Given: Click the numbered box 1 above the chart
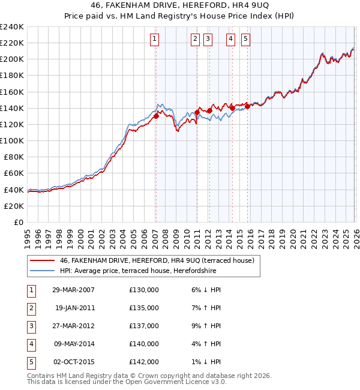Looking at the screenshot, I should pos(154,40).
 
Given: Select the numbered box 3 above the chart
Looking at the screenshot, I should pos(208,40).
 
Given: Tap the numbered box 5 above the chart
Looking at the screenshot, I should pos(246,40).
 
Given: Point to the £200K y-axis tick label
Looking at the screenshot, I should pos(12,59).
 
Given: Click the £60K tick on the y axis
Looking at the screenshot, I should pos(14,173).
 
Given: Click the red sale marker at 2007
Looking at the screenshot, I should pos(156,116).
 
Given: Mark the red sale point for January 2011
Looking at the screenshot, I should pos(197,112).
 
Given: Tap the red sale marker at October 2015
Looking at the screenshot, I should pos(247,107).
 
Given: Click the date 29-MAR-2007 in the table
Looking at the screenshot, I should pos(73,290).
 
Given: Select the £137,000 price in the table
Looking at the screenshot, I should pos(144,326).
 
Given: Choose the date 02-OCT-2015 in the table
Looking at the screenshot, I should pos(73,362).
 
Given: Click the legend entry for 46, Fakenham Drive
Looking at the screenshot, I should pos(157,260).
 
